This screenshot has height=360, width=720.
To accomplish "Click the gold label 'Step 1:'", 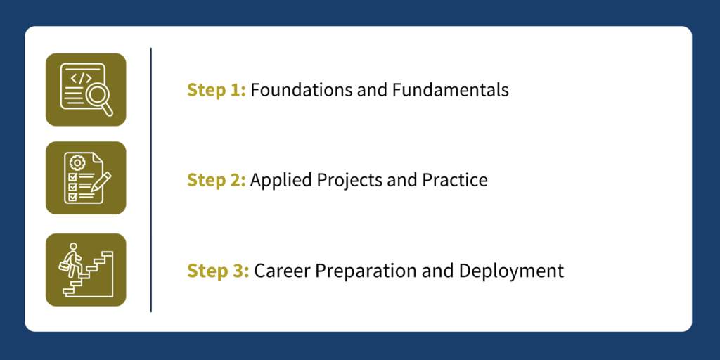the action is tap(217, 90).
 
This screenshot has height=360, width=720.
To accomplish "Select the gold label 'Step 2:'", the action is tap(217, 180).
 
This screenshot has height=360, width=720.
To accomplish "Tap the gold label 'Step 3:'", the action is tap(218, 271).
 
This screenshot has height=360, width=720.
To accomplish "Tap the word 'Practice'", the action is tap(455, 180).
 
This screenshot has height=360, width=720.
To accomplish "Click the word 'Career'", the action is tap(281, 271).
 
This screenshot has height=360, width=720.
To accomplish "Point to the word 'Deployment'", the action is tap(511, 272).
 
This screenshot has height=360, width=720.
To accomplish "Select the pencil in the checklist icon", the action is tap(101, 181).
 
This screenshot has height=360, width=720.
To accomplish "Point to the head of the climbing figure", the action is tap(72, 246).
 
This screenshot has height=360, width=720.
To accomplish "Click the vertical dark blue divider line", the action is tap(150, 179).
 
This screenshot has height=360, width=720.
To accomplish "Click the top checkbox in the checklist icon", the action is tap(72, 176).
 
